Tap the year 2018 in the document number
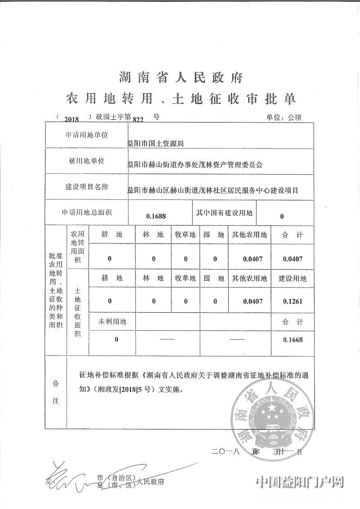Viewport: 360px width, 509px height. pos(72,119)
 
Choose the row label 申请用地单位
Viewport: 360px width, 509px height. pos(87,135)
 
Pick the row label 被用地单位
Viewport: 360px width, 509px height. pos(87,161)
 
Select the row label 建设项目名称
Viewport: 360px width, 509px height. pos(87,186)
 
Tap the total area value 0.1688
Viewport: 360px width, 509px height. pos(156,216)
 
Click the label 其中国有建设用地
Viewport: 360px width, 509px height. pos(224,212)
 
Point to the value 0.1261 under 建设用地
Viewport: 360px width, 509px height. pos(292,301)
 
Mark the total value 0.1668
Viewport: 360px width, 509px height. pos(292,340)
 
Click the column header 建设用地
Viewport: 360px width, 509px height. pos(292,279)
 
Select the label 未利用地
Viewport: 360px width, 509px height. pos(112,321)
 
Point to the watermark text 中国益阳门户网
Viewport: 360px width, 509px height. pos(300,482)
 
